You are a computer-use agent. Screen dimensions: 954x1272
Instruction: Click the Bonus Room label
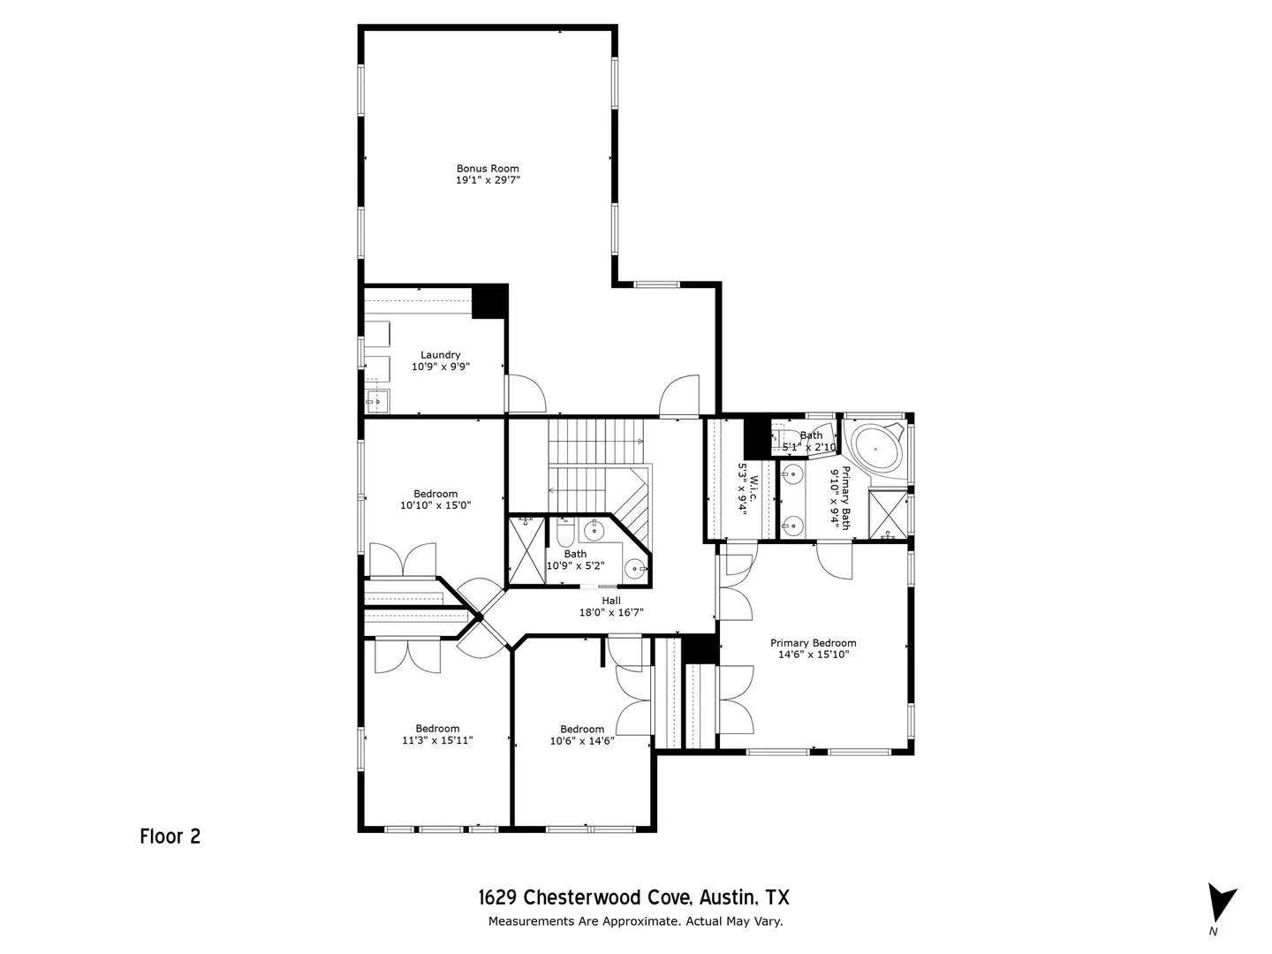point(488,168)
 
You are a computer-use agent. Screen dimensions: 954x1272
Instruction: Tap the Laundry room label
point(440,355)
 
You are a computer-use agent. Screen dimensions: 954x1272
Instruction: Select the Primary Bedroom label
point(813,643)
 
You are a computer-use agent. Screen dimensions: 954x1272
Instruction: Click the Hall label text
point(611,601)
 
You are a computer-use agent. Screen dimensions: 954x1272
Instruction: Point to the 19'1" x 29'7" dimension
point(488,180)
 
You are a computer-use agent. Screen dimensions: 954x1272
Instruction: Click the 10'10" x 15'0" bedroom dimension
point(435,506)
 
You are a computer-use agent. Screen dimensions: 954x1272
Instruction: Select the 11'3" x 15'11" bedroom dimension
point(437,741)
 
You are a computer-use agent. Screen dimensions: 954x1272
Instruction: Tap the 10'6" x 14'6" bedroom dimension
point(581,741)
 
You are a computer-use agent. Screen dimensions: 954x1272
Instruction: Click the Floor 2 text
point(170,836)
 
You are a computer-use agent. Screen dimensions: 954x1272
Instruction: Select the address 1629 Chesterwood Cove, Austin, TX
point(634,898)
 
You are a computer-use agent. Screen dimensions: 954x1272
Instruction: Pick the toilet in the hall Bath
point(566,533)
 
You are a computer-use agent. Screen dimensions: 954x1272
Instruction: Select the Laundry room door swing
point(526,393)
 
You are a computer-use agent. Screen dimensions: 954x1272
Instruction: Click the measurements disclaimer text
point(636,921)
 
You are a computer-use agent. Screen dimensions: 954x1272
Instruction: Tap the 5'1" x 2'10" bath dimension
point(809,448)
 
